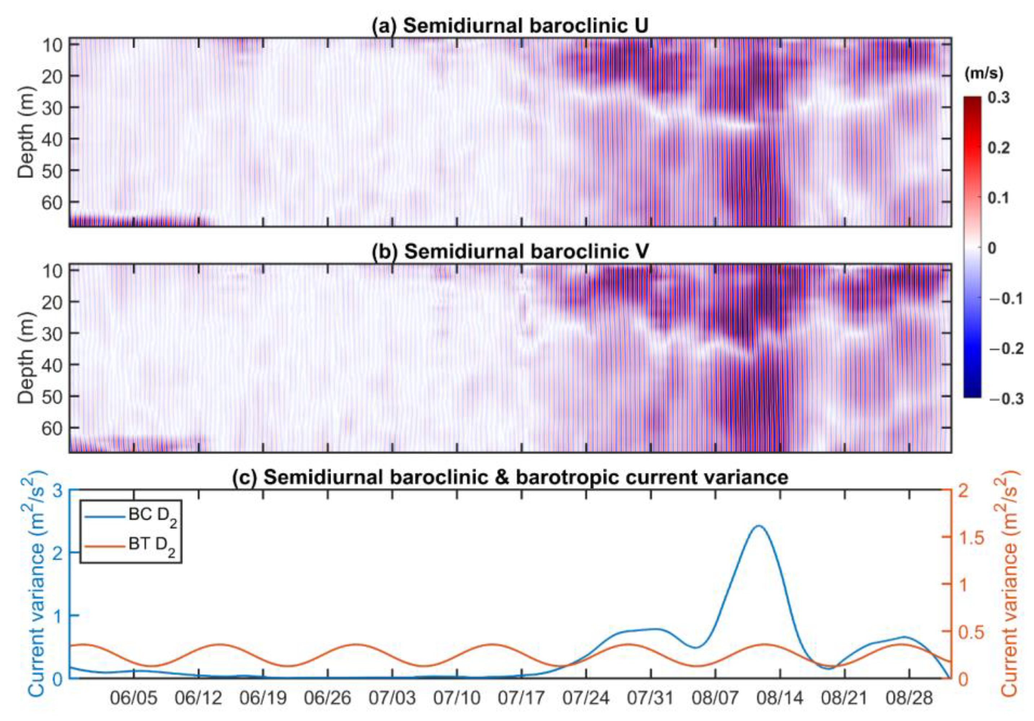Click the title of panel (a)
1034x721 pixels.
pos(510,26)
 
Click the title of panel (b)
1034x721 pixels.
pos(510,251)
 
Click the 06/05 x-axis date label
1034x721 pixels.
pos(134,698)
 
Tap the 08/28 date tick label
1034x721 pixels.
pos(909,698)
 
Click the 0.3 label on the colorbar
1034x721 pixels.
pos(999,98)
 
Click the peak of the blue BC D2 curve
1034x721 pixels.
pos(758,526)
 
